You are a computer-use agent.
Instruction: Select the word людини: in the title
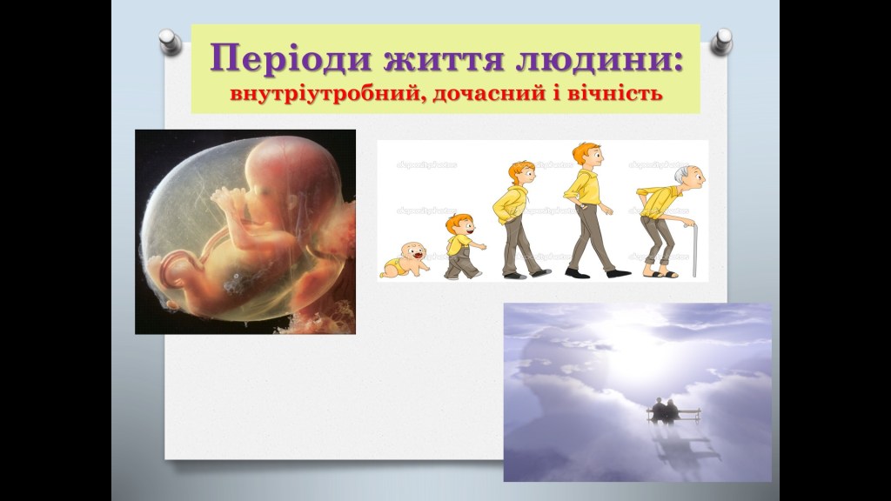(x=599, y=58)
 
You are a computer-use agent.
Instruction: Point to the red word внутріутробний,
(x=329, y=93)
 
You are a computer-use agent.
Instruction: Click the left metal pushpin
(x=170, y=42)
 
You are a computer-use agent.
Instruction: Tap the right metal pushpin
(x=721, y=42)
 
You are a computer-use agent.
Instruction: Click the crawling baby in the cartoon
(x=405, y=260)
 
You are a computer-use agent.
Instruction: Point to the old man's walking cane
(x=693, y=250)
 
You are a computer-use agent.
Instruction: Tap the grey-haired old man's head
(x=689, y=177)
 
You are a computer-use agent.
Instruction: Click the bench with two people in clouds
(x=673, y=412)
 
